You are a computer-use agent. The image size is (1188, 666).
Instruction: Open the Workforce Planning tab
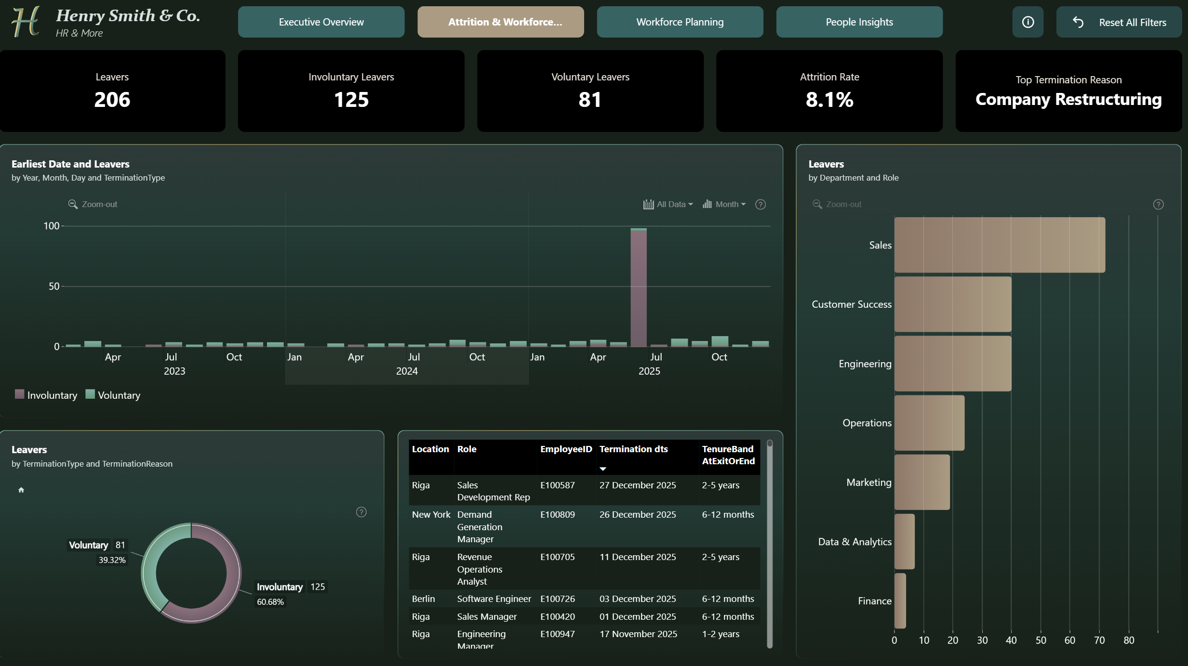point(680,22)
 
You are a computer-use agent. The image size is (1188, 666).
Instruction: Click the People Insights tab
point(859,22)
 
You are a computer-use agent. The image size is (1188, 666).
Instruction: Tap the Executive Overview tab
point(321,22)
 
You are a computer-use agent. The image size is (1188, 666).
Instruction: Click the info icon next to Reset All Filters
point(1028,22)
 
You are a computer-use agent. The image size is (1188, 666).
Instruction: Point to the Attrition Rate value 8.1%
point(829,100)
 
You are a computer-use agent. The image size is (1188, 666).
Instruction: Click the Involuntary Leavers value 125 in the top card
point(351,100)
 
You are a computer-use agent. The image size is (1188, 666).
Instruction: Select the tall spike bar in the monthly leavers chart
point(639,287)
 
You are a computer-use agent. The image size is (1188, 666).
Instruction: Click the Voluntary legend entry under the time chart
point(113,395)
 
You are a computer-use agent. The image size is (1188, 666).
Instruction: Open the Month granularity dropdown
point(724,204)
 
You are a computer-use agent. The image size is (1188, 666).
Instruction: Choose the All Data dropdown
point(668,204)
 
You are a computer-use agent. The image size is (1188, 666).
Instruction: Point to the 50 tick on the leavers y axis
point(54,287)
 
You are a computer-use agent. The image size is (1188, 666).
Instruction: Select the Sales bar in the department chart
point(1000,245)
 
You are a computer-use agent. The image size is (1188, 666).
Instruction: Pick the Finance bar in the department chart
point(900,601)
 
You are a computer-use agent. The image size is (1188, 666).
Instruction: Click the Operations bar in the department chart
point(929,423)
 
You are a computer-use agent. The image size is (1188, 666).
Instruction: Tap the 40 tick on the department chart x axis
point(1011,640)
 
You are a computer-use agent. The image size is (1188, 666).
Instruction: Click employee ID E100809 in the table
point(558,514)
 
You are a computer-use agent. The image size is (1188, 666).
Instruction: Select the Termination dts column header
point(633,449)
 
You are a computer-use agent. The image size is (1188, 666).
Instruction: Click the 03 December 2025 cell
point(638,599)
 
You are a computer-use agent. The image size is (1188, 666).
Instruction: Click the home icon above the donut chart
point(21,490)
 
